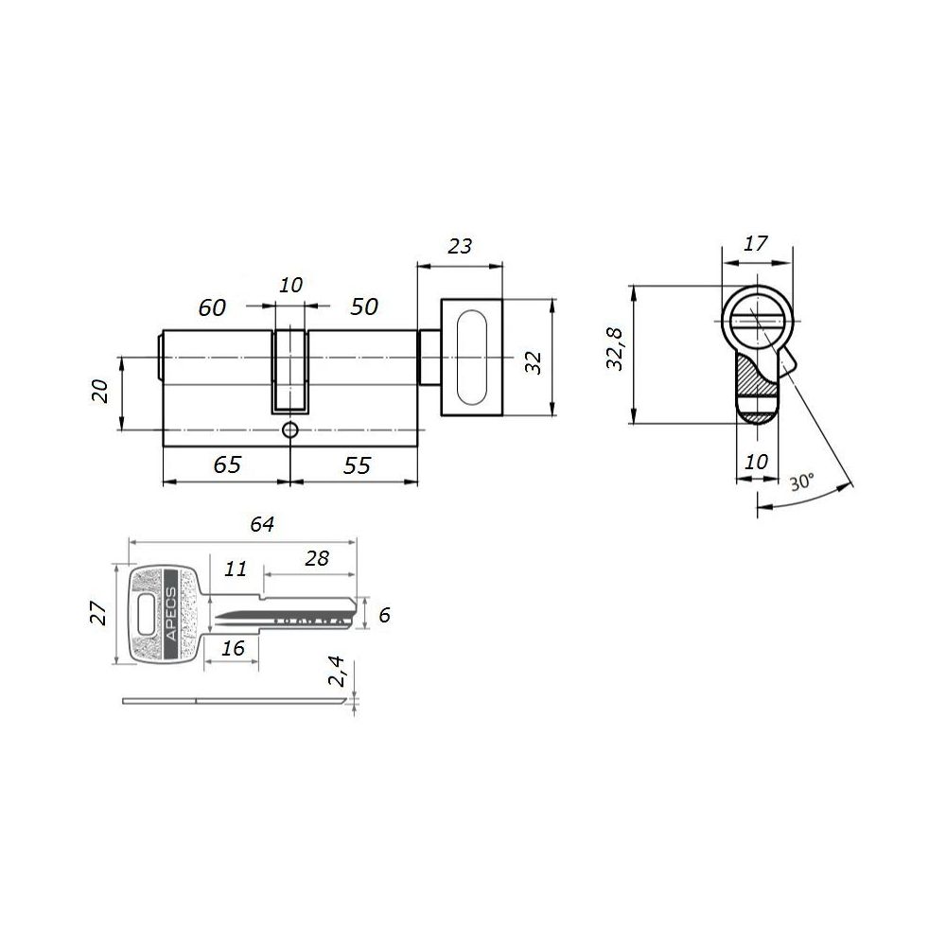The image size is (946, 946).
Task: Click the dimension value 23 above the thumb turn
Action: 460,246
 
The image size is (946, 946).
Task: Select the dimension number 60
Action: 212,307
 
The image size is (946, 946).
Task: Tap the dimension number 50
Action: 364,307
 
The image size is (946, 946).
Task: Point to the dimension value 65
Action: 227,464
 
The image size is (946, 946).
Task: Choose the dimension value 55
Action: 358,465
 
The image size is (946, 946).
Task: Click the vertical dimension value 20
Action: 100,391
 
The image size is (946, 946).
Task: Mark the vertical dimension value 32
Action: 534,362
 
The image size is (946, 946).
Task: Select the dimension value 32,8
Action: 616,349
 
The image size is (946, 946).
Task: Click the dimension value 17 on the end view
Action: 755,244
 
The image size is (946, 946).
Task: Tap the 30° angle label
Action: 802,482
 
